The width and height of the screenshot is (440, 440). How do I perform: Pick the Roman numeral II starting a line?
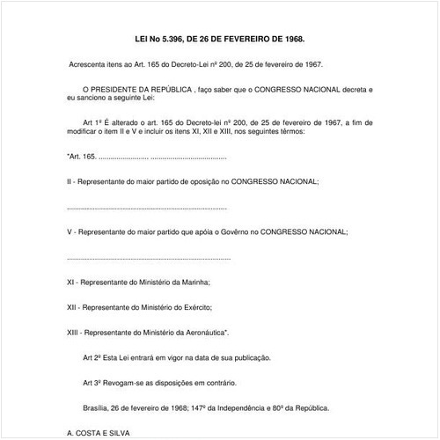click(x=69, y=180)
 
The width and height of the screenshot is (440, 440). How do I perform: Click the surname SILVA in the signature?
click(x=116, y=433)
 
